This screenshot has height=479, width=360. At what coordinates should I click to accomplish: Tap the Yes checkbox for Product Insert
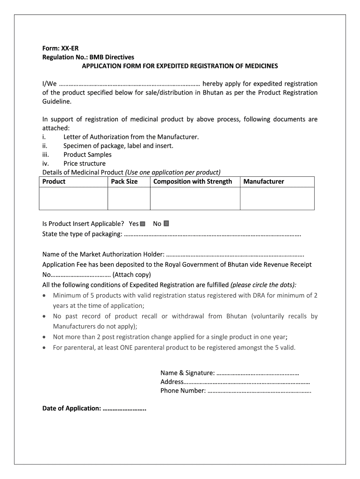coord(143,224)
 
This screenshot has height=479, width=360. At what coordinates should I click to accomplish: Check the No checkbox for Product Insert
coord(166,224)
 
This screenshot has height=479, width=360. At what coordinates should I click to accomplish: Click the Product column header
coord(54,181)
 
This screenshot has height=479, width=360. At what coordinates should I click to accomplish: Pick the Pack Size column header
coord(124,181)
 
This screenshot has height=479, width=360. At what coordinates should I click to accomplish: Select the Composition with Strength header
coord(193,181)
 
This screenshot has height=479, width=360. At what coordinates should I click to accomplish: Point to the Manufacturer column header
coord(264,181)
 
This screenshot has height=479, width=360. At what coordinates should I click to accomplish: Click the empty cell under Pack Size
coord(129,198)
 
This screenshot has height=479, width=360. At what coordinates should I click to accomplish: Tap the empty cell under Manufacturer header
coord(277,198)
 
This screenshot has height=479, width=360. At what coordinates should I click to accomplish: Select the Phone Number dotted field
coord(259,391)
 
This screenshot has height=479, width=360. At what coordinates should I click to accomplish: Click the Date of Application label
coord(72,409)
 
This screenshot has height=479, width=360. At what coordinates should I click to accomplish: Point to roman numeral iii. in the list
coord(46,155)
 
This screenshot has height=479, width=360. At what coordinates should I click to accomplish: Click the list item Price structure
coord(85,164)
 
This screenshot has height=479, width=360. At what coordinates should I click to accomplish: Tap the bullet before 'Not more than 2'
coord(44,337)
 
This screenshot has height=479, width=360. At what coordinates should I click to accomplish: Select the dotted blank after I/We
coord(130,84)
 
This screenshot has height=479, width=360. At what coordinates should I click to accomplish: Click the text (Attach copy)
coord(131,275)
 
